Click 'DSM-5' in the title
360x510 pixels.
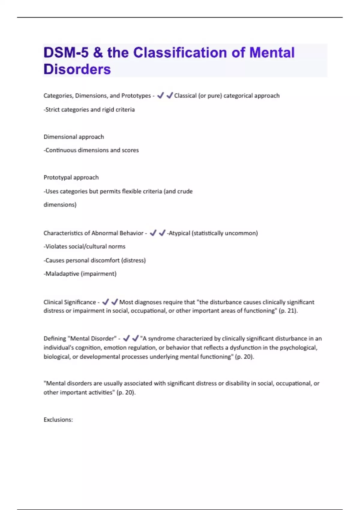click(66, 52)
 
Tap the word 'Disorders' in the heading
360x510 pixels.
click(77, 69)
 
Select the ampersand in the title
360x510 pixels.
click(98, 52)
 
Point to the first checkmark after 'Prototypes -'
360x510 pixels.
click(160, 95)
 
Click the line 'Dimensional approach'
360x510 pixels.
click(73, 137)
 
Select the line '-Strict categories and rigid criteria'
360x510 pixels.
click(89, 109)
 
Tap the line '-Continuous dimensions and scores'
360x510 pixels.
click(91, 150)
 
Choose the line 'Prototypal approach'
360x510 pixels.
click(71, 177)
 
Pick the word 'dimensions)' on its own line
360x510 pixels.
click(60, 205)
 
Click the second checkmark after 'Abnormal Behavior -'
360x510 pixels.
click(162, 233)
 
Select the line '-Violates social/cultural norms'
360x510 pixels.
click(84, 246)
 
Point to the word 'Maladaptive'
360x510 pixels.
click(62, 274)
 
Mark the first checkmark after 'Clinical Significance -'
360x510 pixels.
click(105, 302)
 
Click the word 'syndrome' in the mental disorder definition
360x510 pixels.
click(161, 338)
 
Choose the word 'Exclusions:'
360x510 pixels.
click(58, 420)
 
